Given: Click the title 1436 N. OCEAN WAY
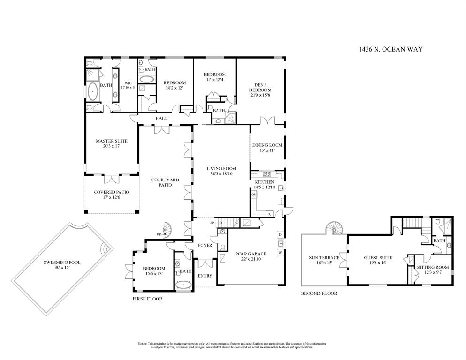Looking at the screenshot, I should [x=391, y=49].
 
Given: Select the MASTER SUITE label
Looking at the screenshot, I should [x=112, y=141].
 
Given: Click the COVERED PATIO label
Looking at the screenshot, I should [x=111, y=192].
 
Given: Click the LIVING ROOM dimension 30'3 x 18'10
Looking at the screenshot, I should [x=221, y=174].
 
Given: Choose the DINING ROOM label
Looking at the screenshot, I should [x=267, y=145].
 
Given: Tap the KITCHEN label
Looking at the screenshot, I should [x=264, y=182].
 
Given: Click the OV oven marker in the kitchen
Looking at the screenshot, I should [x=254, y=194].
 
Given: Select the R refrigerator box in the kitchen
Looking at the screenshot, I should [x=270, y=214].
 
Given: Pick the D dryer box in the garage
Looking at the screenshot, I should [x=280, y=234].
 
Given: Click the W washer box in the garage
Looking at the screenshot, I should [x=280, y=253].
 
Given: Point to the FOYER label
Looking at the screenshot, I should [x=205, y=245].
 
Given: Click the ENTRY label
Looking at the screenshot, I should [x=205, y=276].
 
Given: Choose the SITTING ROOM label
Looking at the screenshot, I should [x=433, y=267].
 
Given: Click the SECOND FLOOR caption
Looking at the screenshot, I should [x=319, y=293].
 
